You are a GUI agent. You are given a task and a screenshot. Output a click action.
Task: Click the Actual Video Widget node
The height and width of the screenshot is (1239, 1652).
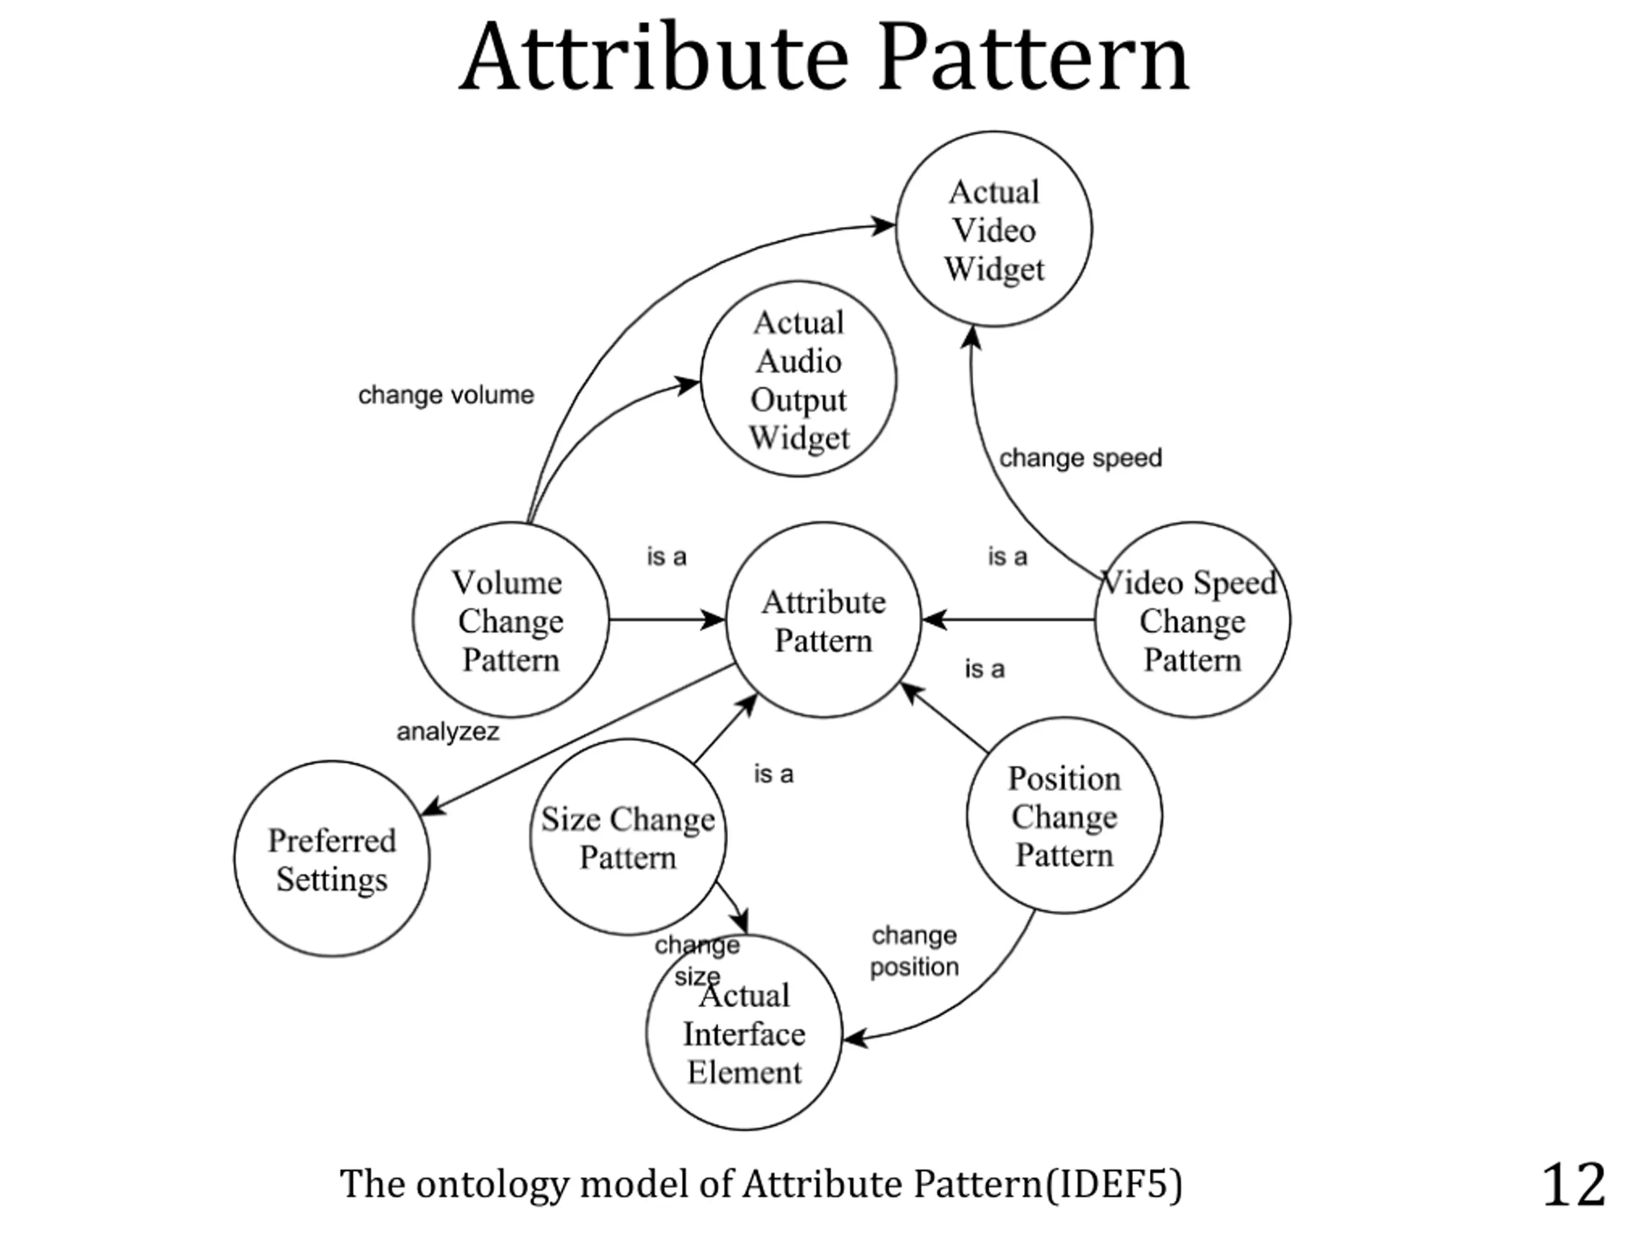pyautogui.click(x=993, y=229)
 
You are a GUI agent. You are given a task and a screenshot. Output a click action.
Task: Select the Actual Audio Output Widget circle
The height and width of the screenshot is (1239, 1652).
pyautogui.click(x=798, y=379)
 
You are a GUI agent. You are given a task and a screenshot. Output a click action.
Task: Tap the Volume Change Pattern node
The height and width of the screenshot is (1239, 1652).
pyautogui.click(x=510, y=620)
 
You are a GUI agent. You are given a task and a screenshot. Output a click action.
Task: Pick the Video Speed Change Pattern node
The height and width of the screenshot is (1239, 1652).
pyautogui.click(x=1192, y=620)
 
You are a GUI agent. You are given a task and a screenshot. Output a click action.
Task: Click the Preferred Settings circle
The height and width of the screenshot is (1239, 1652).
pyautogui.click(x=332, y=859)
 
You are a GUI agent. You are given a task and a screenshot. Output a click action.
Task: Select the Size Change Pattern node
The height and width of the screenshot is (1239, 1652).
pyautogui.click(x=627, y=837)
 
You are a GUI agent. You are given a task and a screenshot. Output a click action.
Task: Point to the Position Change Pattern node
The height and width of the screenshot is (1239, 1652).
pyautogui.click(x=1063, y=816)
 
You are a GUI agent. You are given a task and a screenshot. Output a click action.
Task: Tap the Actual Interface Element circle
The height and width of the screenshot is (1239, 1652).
pyautogui.click(x=744, y=1034)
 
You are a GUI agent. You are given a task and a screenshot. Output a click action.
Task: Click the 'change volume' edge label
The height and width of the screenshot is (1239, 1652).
pyautogui.click(x=446, y=395)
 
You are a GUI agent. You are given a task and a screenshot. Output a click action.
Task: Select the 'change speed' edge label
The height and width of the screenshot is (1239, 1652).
pyautogui.click(x=1080, y=458)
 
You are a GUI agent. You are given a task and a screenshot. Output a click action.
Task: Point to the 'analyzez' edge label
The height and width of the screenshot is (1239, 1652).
pyautogui.click(x=447, y=732)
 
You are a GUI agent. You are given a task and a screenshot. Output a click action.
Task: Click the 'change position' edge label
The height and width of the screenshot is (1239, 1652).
pyautogui.click(x=914, y=951)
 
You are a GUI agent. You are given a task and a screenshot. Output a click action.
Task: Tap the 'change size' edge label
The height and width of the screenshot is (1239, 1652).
pyautogui.click(x=697, y=960)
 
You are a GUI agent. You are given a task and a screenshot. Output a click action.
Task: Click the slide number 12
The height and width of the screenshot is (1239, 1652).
pyautogui.click(x=1573, y=1185)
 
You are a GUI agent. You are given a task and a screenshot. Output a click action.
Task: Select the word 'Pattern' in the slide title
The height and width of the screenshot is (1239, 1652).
pyautogui.click(x=1033, y=58)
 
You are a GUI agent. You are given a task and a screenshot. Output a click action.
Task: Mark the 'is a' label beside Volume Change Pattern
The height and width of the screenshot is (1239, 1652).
pyautogui.click(x=666, y=556)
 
